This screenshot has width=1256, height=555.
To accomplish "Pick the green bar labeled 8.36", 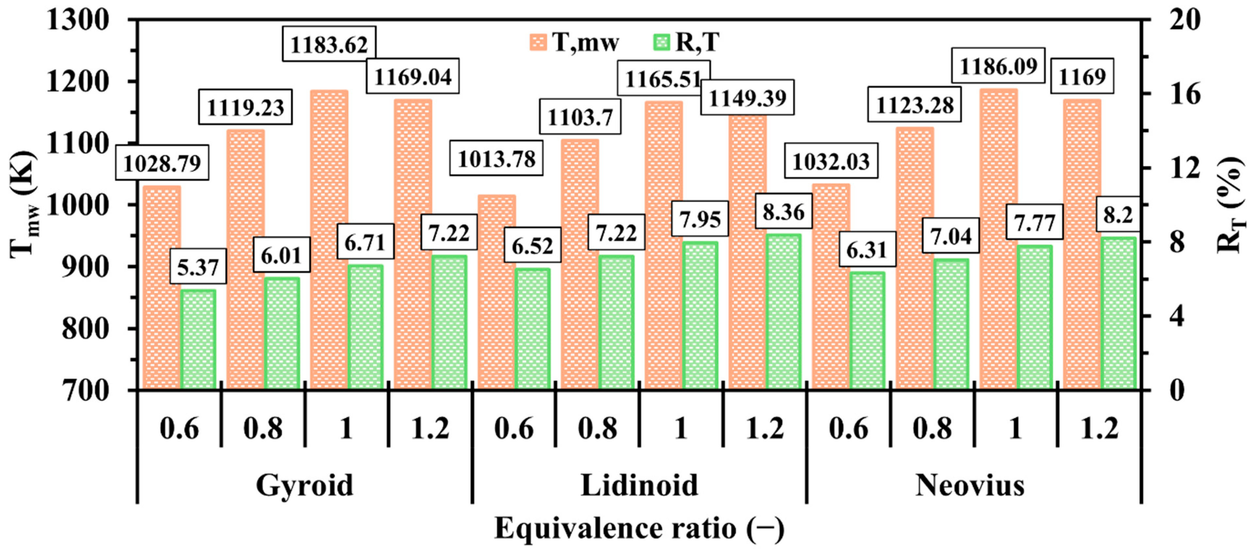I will tap(784, 312).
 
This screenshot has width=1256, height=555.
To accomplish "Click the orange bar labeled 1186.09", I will tap(999, 239).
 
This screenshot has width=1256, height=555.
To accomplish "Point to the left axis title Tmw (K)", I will tap(25, 204).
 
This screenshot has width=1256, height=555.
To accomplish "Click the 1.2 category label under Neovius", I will tap(1099, 429).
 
